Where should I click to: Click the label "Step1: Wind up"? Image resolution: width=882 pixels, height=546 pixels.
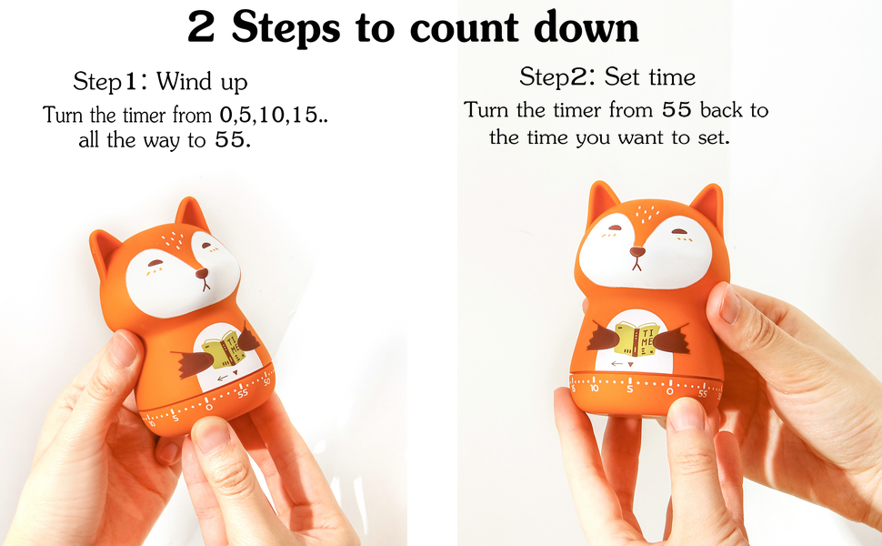(x=160, y=82)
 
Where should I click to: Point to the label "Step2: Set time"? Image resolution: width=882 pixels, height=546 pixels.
(x=607, y=76)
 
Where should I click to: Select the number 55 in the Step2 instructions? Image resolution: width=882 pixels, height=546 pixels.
(x=675, y=111)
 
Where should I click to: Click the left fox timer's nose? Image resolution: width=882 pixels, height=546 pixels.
(x=202, y=272)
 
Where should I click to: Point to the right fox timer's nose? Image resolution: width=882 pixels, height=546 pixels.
(x=638, y=251)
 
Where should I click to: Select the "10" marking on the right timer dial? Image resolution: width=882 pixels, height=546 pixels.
(x=594, y=389)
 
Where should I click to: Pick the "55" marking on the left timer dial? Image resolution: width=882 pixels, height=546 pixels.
(x=242, y=394)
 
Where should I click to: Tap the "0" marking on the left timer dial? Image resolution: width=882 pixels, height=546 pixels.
(x=209, y=407)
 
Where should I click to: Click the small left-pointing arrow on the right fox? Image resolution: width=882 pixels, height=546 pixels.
(x=618, y=363)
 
